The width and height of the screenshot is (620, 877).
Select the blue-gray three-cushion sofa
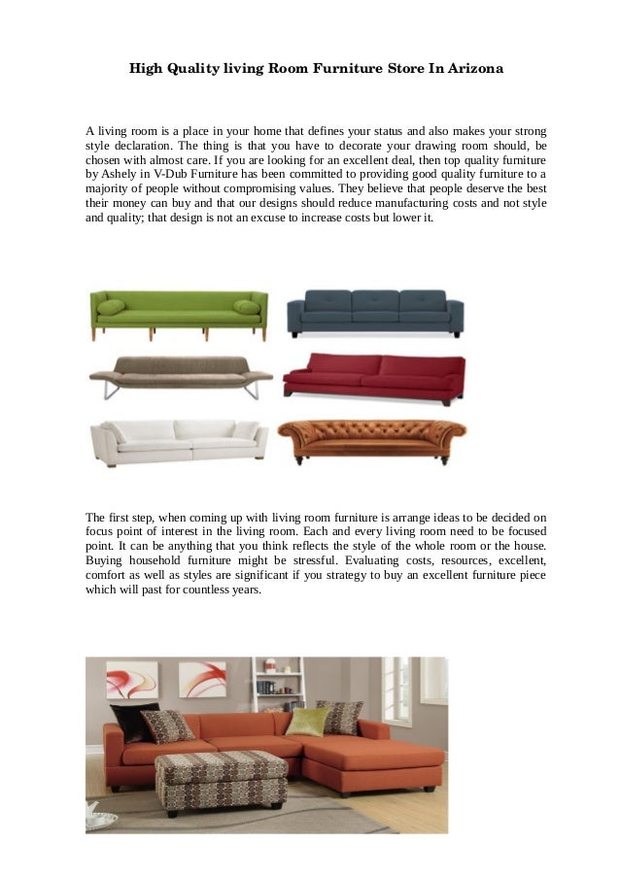tap(375, 312)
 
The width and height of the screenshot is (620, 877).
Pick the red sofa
tap(374, 376)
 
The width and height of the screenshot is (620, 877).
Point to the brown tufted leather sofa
tap(371, 440)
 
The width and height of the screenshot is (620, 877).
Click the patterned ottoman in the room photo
tap(221, 778)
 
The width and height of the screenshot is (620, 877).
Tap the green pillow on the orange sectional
tap(306, 721)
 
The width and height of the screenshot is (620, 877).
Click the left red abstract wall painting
tap(131, 680)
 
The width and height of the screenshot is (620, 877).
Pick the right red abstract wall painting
tap(202, 680)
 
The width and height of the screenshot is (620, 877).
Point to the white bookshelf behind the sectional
tap(278, 684)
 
